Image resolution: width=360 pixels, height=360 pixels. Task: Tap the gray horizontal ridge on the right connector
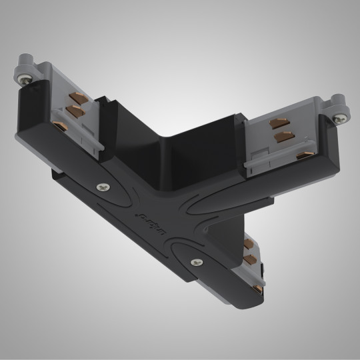[267, 162]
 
